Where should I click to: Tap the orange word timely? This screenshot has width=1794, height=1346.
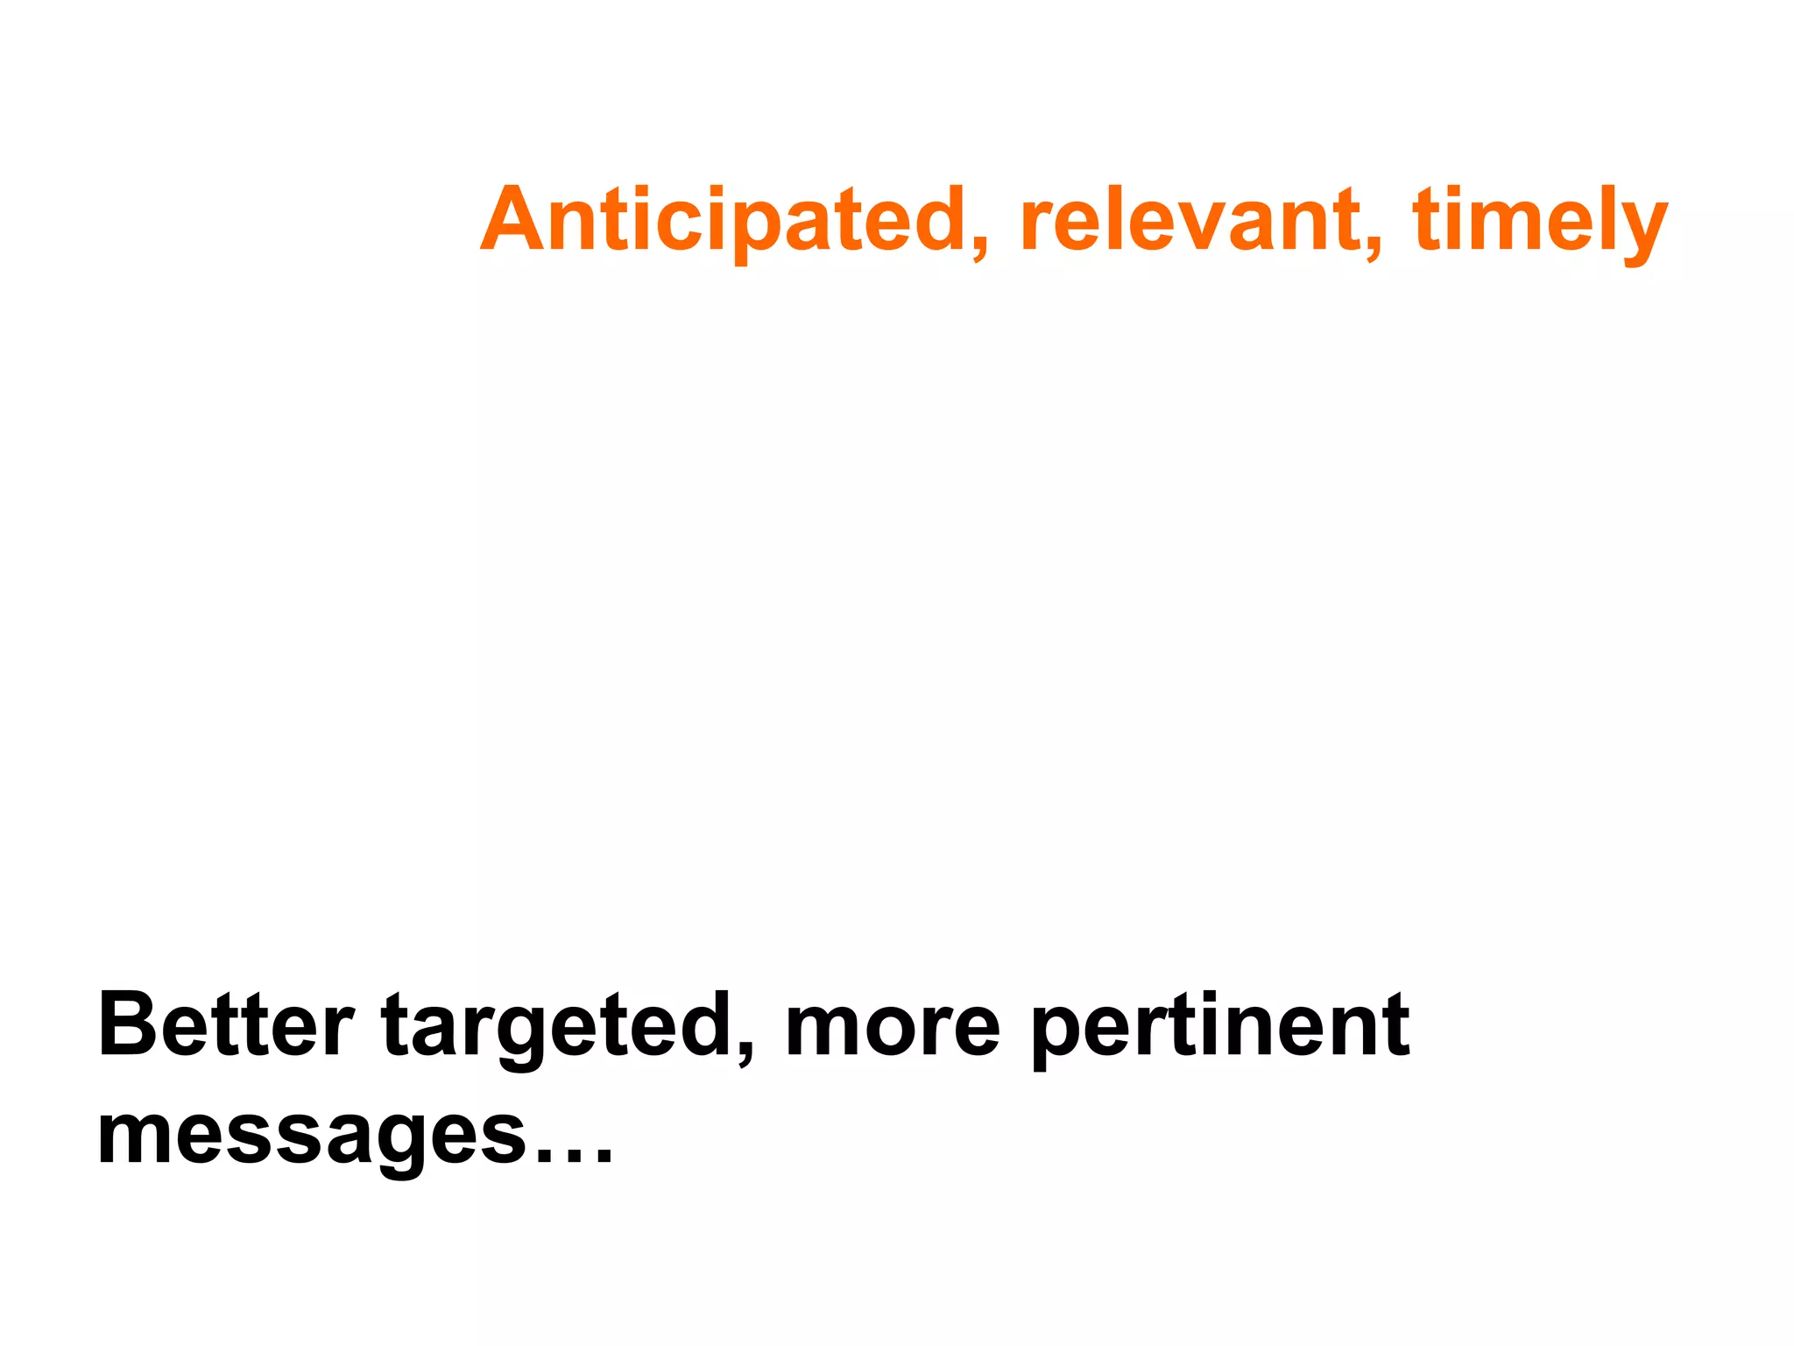coord(1539,221)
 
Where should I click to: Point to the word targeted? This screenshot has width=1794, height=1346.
coord(557,1025)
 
